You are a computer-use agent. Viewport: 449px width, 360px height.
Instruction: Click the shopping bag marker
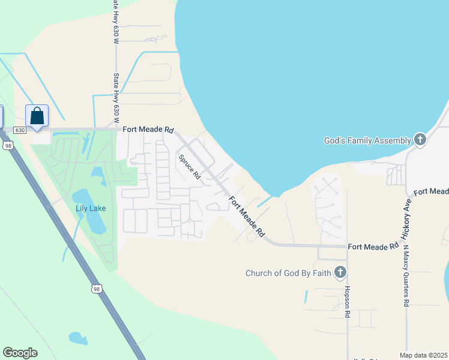(37, 116)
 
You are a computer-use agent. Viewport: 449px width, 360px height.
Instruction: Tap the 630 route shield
(19, 130)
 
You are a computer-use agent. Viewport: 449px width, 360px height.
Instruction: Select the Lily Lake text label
(91, 208)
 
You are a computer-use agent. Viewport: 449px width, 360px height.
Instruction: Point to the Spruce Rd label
(189, 167)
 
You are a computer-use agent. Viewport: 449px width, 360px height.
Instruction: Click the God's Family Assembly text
(367, 140)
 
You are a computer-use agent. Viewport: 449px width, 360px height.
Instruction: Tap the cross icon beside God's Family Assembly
(420, 140)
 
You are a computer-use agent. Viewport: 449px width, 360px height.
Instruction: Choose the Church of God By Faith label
(288, 273)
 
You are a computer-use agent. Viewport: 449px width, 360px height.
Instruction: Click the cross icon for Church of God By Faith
(340, 273)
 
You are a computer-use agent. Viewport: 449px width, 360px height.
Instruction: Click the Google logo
(20, 353)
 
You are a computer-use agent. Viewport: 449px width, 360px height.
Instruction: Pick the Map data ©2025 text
(423, 355)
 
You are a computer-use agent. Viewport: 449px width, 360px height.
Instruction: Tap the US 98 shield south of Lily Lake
(97, 289)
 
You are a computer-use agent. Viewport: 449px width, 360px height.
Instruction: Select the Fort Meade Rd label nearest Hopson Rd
(373, 247)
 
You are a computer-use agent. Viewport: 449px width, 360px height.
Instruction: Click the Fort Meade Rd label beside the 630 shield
(148, 129)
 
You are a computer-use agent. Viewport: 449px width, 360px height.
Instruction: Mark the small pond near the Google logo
(78, 338)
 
